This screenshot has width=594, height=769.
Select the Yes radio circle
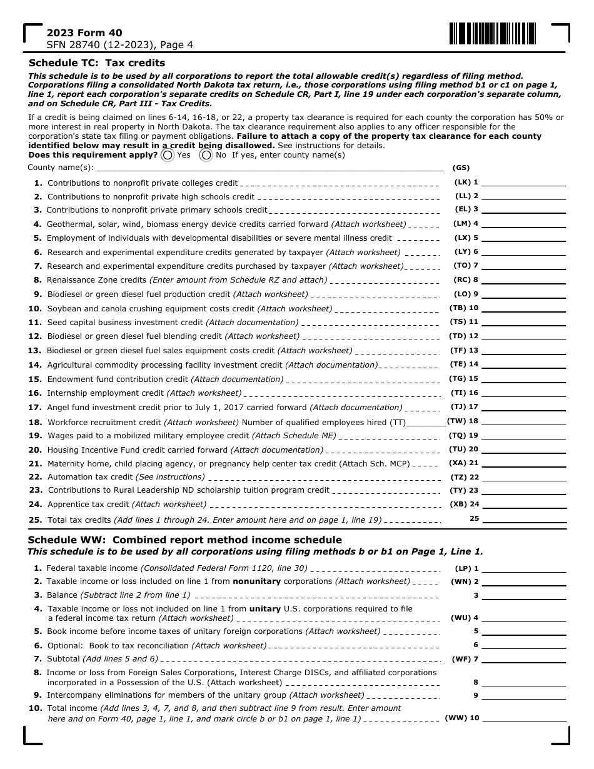(x=167, y=155)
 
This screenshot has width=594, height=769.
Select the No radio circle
(x=206, y=155)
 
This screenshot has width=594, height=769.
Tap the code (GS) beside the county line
(x=461, y=168)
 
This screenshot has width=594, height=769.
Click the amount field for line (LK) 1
(x=523, y=183)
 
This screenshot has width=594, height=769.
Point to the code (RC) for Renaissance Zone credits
(x=462, y=280)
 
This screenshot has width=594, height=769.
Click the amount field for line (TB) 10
(x=523, y=308)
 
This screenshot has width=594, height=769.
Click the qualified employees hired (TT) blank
(x=426, y=423)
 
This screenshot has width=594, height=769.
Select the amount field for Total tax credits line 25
(x=523, y=519)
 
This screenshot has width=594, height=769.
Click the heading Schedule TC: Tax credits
(x=97, y=63)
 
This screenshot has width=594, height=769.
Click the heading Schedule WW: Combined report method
(x=185, y=540)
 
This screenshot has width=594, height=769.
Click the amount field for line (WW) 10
(x=523, y=718)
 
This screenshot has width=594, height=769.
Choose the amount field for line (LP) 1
(x=523, y=568)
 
